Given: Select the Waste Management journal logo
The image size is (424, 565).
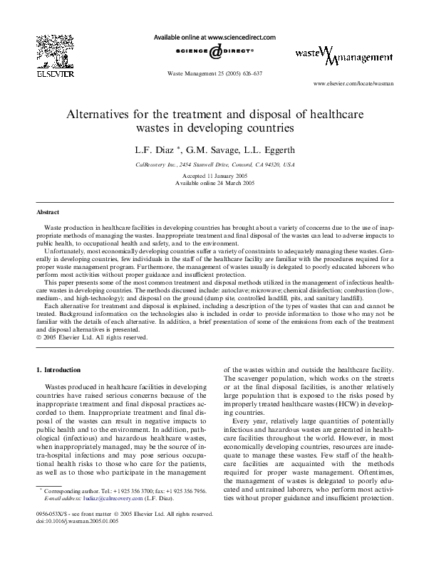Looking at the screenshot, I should (x=343, y=56).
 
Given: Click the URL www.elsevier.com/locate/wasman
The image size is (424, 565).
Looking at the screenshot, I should (x=354, y=84).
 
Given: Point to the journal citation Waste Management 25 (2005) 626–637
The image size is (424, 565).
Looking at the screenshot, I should (x=214, y=73).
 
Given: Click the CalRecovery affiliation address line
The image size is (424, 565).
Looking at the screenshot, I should (x=214, y=164).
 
